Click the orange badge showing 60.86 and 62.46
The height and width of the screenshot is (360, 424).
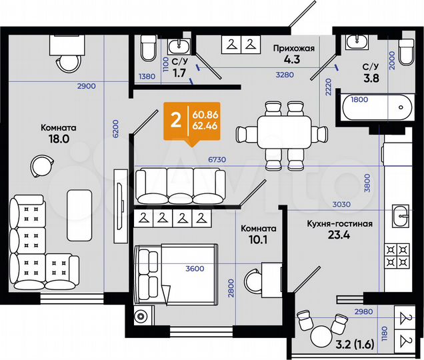pos(190,121)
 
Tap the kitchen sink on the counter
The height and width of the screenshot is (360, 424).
pos(401,215)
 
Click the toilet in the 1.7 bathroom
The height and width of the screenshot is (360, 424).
pos(148,49)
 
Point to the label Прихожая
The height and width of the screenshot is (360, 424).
pos(294,48)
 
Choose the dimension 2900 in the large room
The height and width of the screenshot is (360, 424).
pos(86,87)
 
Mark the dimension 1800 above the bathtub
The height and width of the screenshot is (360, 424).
pos(359,99)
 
